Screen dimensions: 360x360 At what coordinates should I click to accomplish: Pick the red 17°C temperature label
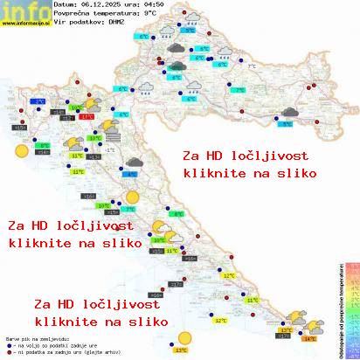tap(87, 115)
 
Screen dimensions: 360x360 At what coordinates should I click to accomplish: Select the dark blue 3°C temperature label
tap(39, 102)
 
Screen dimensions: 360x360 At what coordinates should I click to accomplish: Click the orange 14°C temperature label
tap(308, 336)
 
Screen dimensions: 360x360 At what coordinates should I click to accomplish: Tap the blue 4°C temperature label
tap(132, 174)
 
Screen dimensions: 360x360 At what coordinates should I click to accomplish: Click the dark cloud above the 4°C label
tap(135, 162)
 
